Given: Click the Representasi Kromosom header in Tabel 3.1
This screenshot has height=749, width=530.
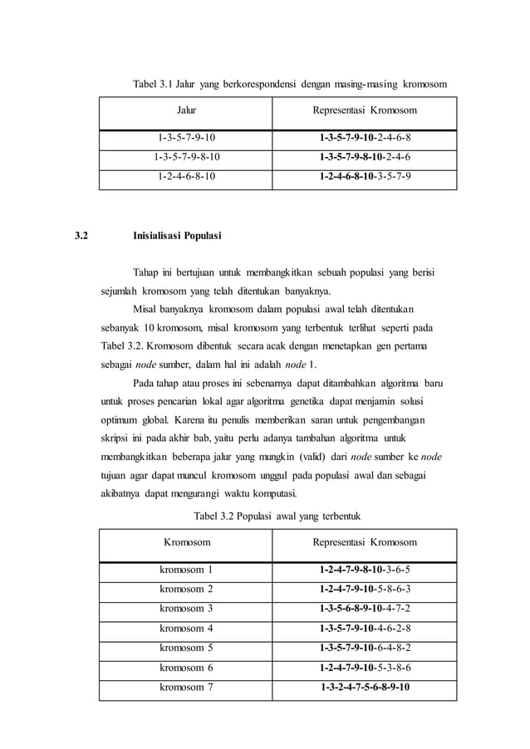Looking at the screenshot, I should pos(365,110).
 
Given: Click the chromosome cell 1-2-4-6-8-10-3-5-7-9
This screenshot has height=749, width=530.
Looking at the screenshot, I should pos(365,176).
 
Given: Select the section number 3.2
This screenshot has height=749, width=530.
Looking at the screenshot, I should pos(81,236).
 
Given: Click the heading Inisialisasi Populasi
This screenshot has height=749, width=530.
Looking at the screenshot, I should pos(177,236).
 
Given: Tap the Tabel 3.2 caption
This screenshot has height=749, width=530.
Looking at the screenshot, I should pos(277,516).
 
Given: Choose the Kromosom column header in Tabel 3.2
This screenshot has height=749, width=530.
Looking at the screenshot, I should pos(186,542).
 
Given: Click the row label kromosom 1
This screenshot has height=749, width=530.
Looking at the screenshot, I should pos(186,570).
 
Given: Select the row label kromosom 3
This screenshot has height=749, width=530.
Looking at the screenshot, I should pos(186,609).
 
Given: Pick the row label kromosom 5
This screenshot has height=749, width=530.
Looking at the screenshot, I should pos(186,648).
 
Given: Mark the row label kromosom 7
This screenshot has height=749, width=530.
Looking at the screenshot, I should pos(186,687).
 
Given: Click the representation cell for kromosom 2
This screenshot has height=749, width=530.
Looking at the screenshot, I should pos(365,589).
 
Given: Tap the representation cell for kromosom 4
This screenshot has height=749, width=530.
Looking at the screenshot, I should pos(365,628).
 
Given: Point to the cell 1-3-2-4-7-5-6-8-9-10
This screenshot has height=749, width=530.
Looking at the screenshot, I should pos(365,687).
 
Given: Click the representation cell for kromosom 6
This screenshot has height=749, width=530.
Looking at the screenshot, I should pos(365,667).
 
